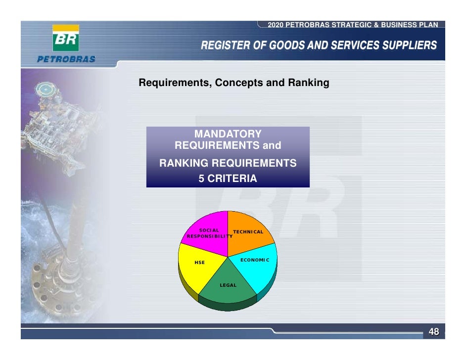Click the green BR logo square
click(66, 40)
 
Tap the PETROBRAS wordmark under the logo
click(66, 59)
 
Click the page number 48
click(433, 332)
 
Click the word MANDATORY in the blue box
click(228, 134)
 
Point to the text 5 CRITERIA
click(228, 179)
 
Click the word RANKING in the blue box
click(183, 163)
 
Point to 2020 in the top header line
click(275, 25)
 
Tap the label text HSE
click(199, 263)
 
